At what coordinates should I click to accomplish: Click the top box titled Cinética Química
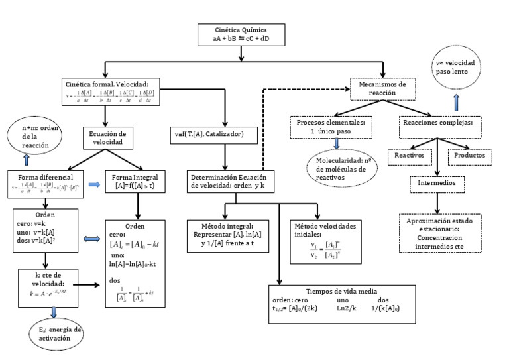(242, 35)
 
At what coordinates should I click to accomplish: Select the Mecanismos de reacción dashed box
(383, 88)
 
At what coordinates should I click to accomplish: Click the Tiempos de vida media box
(342, 304)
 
